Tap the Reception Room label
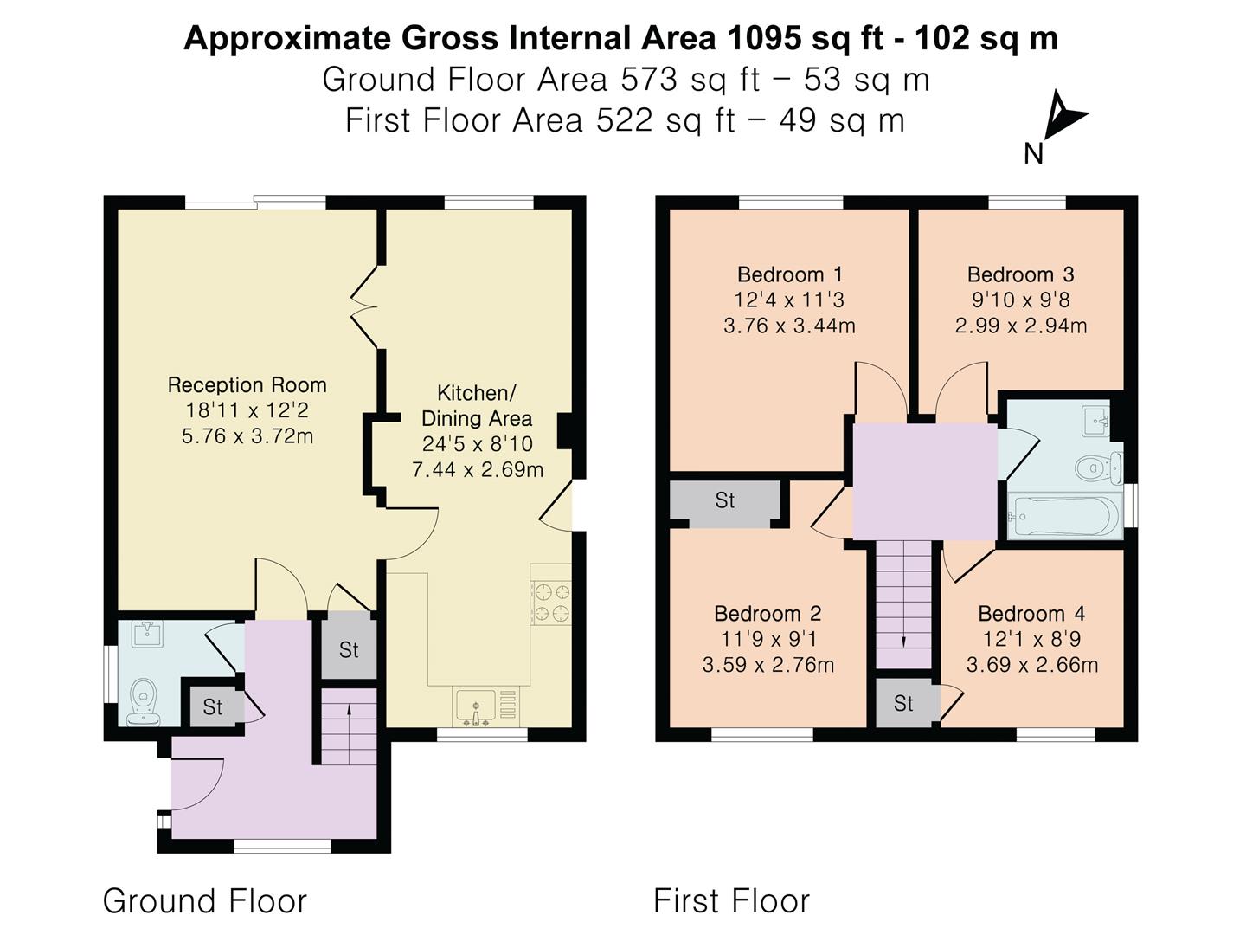tap(247, 385)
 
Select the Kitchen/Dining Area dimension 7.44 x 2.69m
tap(477, 470)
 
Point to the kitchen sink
tap(475, 706)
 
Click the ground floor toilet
tap(143, 701)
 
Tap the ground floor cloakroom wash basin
tap(145, 634)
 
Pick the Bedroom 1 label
tap(789, 274)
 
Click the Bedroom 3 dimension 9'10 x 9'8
tap(1020, 300)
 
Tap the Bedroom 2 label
tap(768, 614)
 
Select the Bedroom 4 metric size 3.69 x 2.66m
tap(1031, 665)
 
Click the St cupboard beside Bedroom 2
tap(725, 500)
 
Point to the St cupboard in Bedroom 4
tap(903, 704)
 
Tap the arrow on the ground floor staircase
tap(349, 710)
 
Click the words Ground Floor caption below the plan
tap(205, 901)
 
